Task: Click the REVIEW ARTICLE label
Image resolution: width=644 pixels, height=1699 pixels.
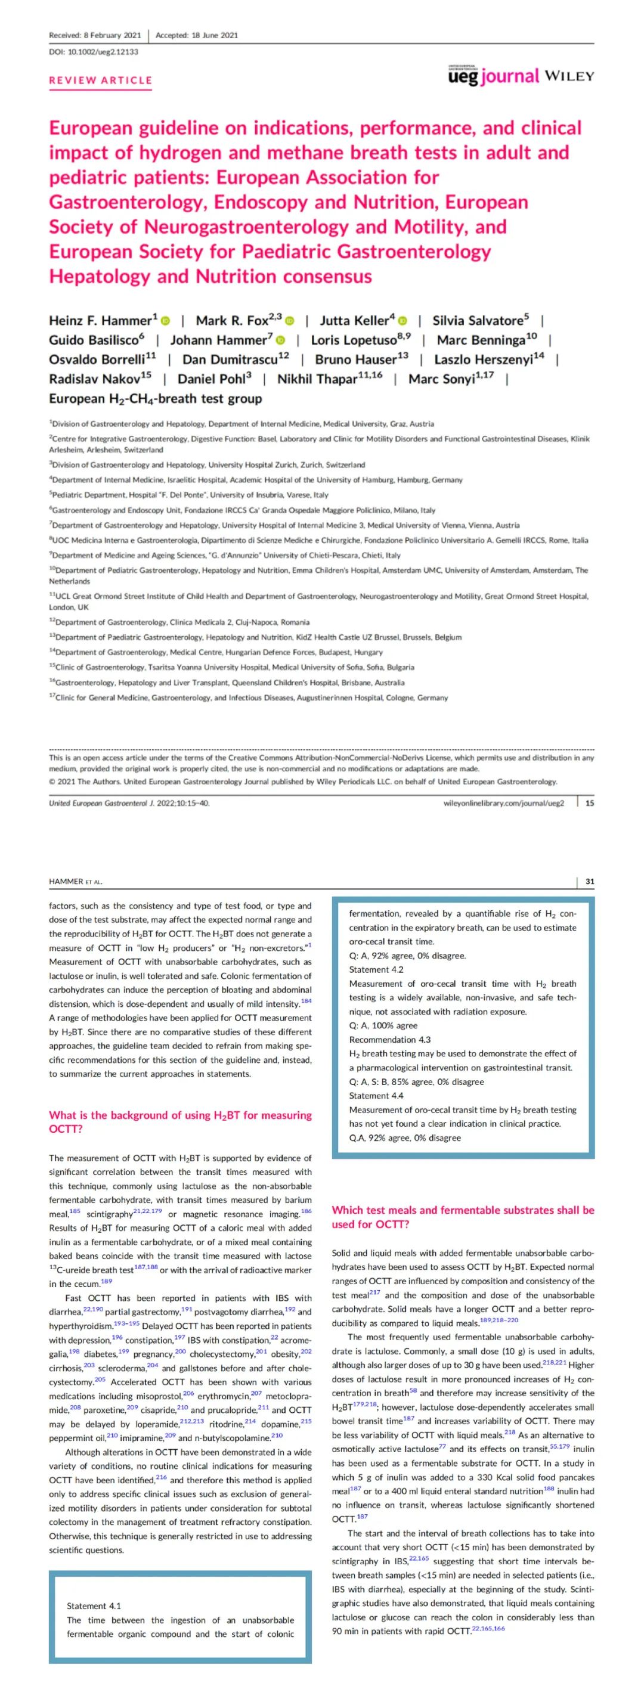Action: (x=100, y=80)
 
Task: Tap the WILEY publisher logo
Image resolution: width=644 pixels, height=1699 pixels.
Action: (x=569, y=76)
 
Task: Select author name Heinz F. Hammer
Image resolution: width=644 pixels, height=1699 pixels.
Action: (x=100, y=321)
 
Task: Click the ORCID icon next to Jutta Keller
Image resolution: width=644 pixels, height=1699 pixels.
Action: (x=402, y=321)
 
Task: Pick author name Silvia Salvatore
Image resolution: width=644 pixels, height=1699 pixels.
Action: (x=478, y=321)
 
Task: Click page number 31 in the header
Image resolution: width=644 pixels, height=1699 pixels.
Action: (x=589, y=881)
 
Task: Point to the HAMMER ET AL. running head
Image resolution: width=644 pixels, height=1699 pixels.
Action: (x=75, y=881)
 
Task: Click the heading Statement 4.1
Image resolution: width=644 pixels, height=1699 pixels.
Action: (x=94, y=1605)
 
